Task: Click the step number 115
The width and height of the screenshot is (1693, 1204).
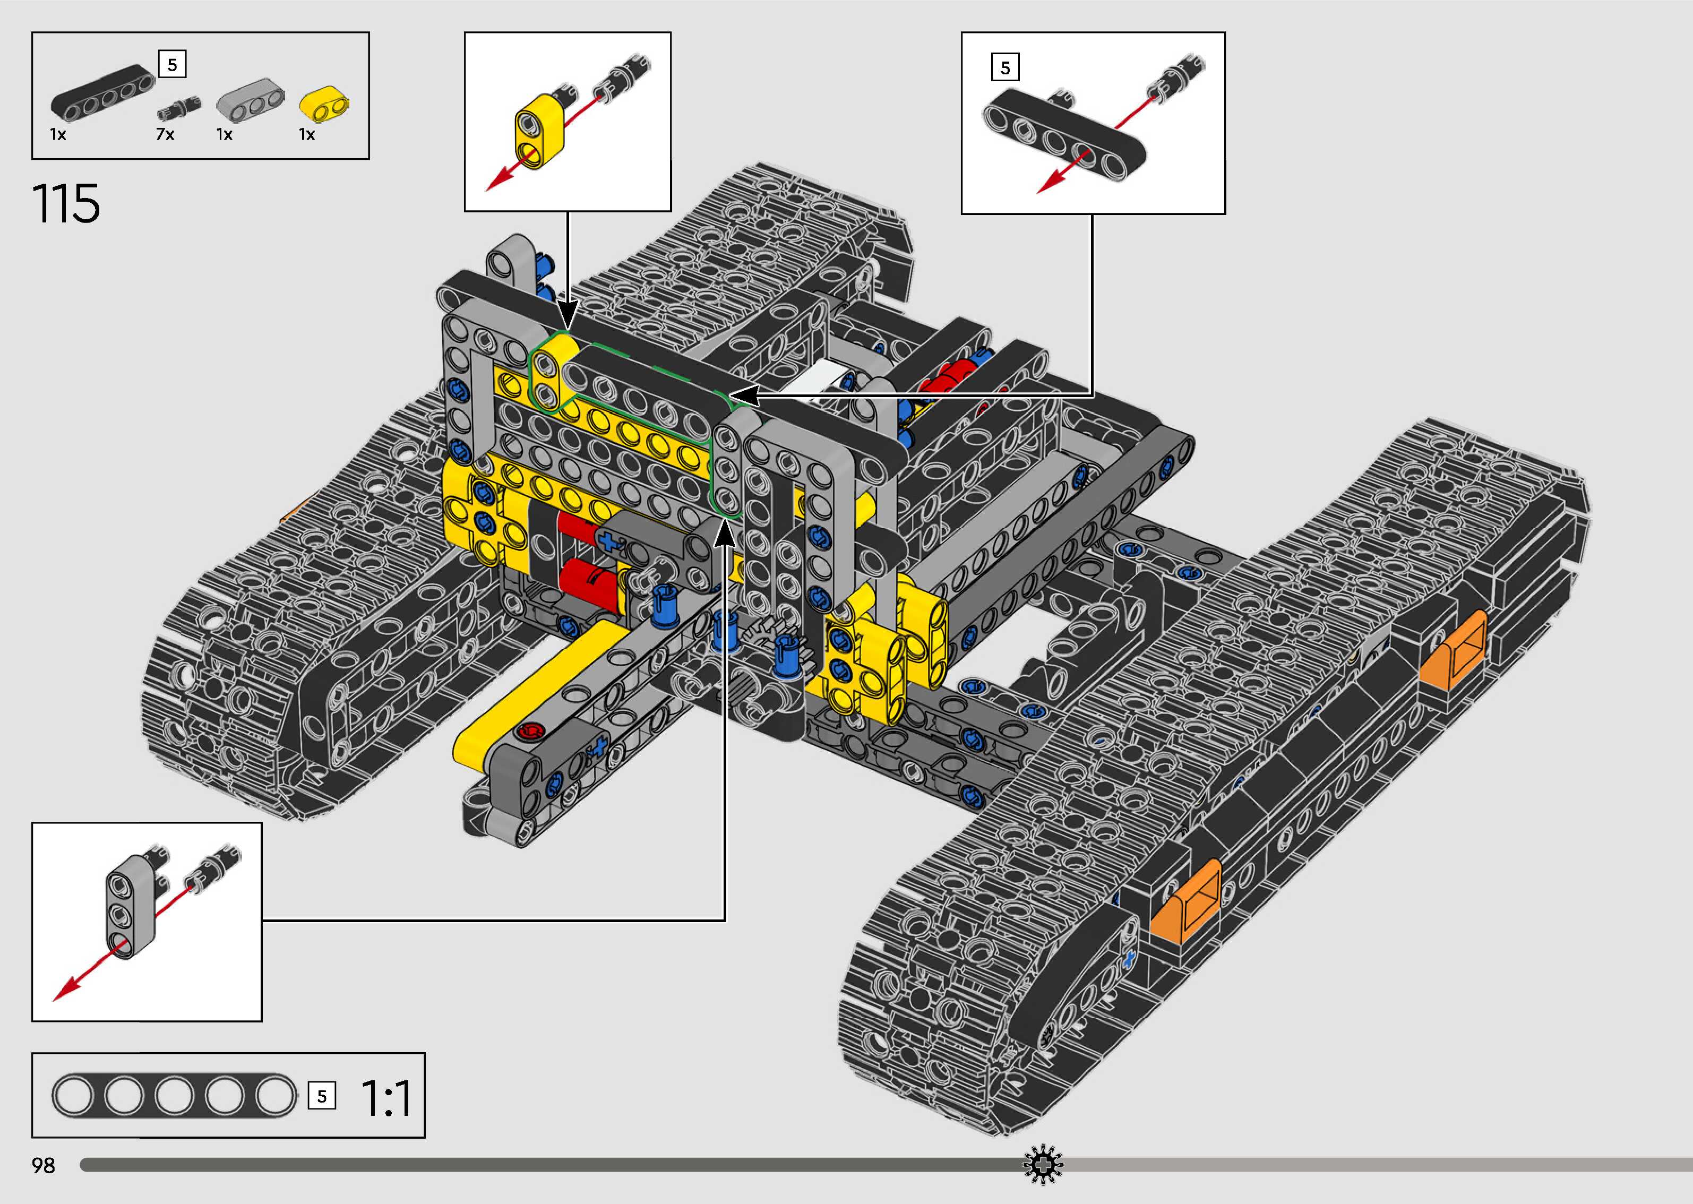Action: pyautogui.click(x=66, y=204)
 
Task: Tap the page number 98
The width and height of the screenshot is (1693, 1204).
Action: pyautogui.click(x=44, y=1165)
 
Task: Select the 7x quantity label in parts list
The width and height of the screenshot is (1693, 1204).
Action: pyautogui.click(x=165, y=134)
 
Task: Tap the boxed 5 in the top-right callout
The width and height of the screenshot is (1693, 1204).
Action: pyautogui.click(x=1004, y=67)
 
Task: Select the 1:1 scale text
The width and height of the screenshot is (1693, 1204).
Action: pyautogui.click(x=385, y=1098)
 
